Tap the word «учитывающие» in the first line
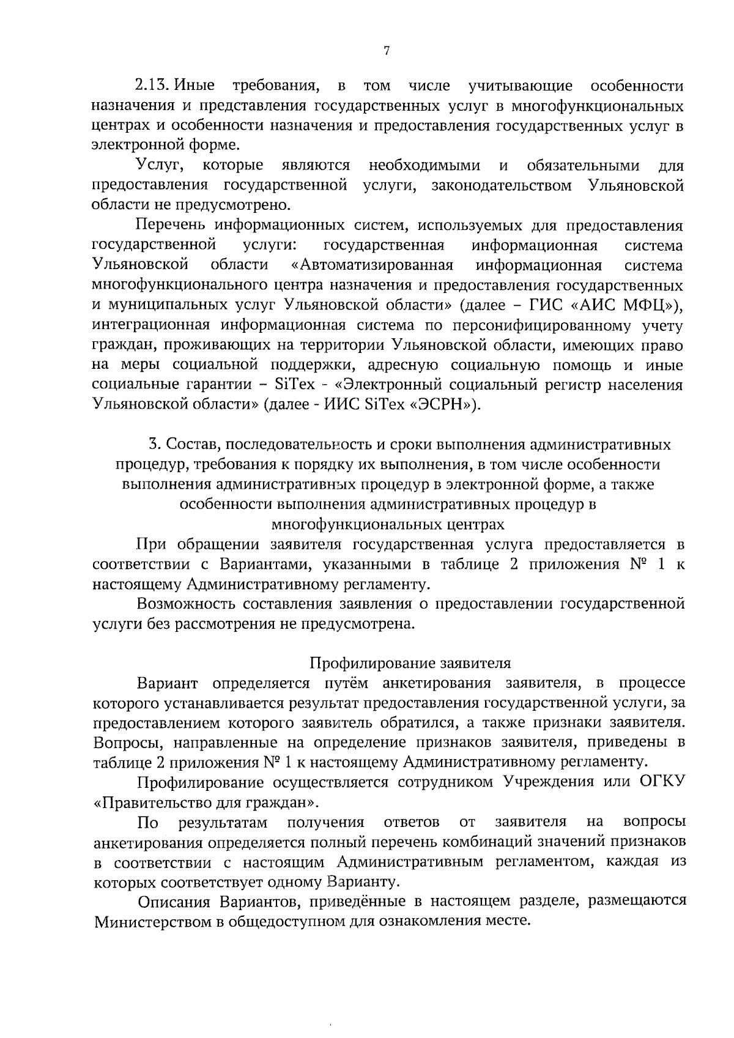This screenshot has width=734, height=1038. (x=520, y=86)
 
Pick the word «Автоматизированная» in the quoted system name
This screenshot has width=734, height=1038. (x=373, y=265)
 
